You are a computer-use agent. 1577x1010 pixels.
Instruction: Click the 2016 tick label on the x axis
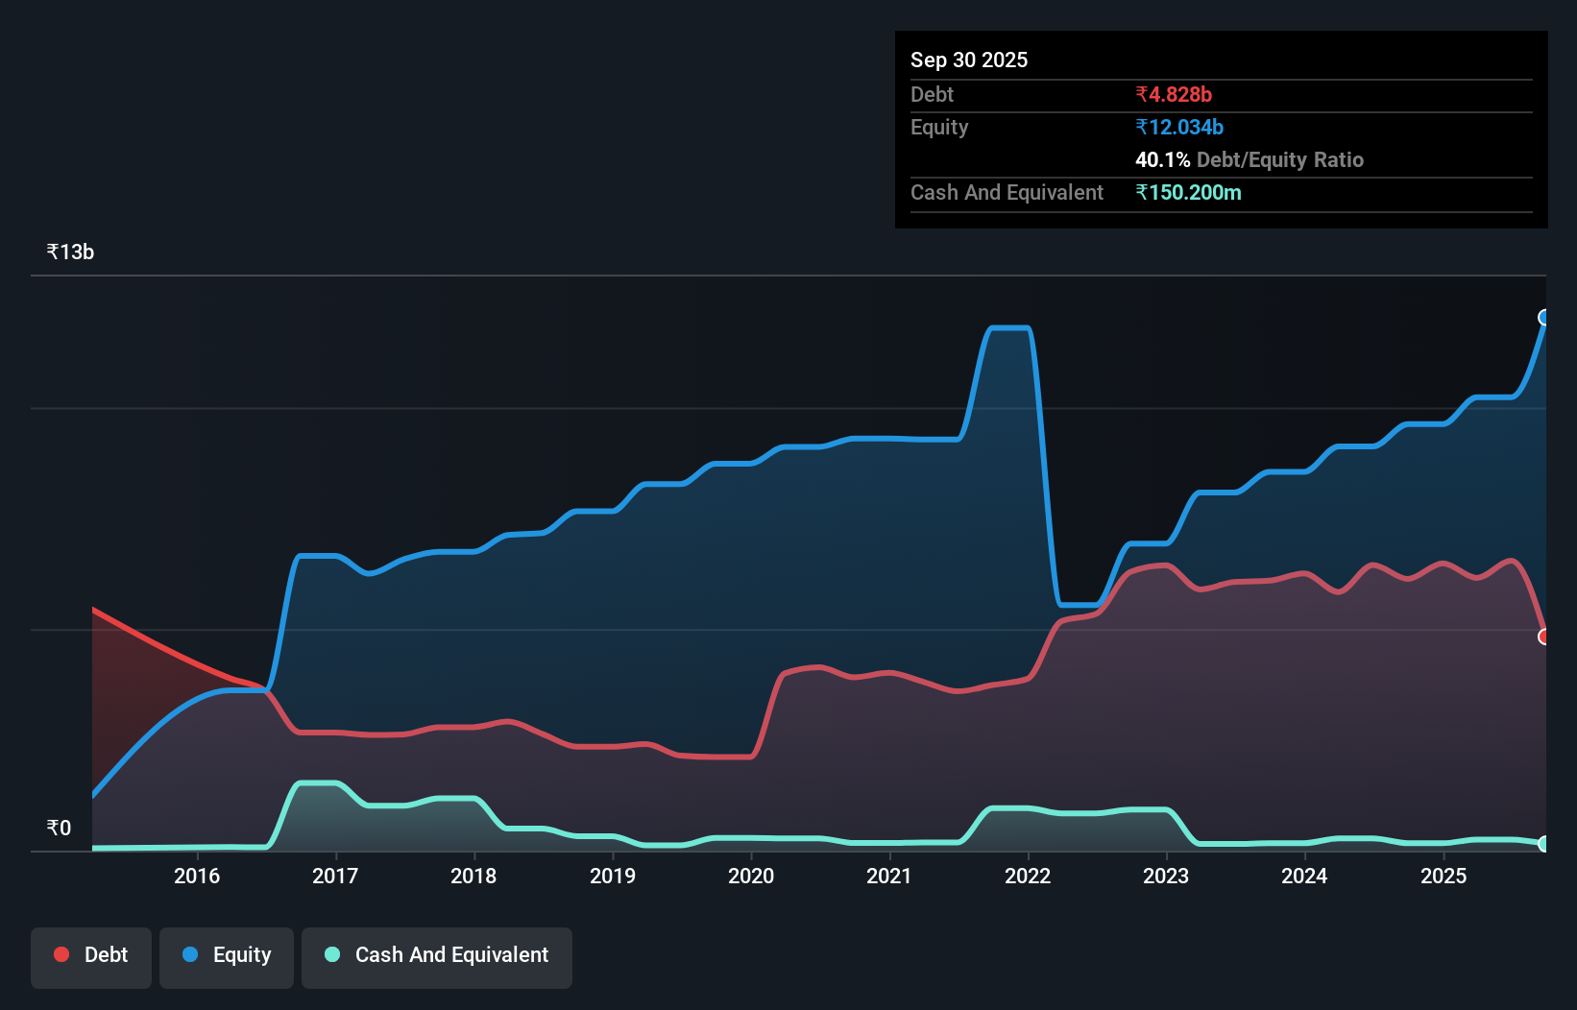pos(197,876)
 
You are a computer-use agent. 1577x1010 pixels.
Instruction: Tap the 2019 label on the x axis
pos(613,876)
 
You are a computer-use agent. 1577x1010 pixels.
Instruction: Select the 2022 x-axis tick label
pos(1028,876)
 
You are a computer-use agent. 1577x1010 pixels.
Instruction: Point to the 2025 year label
pos(1444,876)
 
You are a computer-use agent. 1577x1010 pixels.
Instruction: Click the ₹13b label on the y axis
pos(70,252)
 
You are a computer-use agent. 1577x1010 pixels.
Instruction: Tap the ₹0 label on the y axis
pos(59,829)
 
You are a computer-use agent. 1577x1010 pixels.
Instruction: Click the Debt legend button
pos(91,955)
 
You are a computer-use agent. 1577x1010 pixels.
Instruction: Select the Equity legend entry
pos(227,955)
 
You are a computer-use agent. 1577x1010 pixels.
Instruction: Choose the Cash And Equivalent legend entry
pos(437,955)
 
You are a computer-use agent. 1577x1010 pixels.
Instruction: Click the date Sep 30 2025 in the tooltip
pos(969,60)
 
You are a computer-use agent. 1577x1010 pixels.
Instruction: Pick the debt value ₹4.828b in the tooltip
pos(1174,95)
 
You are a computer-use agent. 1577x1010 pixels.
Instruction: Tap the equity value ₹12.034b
pos(1179,128)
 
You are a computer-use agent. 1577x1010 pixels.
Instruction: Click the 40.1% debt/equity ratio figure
pos(1162,160)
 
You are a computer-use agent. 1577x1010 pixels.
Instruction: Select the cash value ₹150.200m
pos(1188,193)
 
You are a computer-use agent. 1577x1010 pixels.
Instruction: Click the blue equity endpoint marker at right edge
pos(1544,318)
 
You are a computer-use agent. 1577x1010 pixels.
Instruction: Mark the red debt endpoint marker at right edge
pos(1544,637)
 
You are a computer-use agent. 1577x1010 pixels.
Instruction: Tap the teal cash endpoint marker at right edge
pos(1544,844)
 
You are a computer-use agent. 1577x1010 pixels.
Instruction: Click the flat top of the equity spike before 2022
pos(1009,328)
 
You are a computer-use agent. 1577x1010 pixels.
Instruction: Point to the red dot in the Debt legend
pos(61,954)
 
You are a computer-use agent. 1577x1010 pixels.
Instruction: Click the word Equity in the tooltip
pos(939,128)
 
